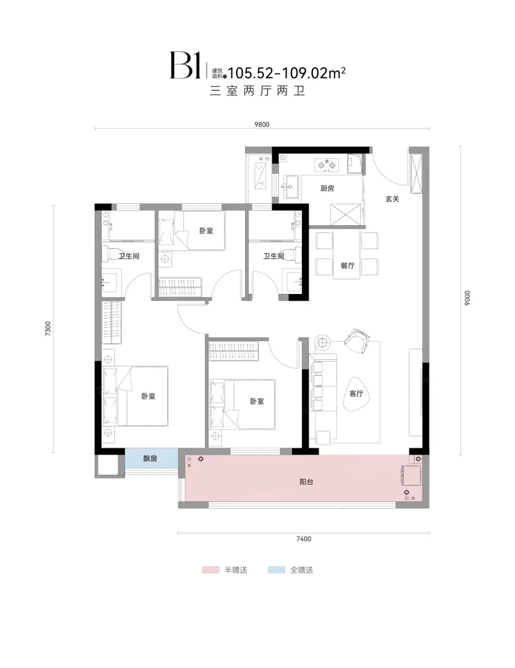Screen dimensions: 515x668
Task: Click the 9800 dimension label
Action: (262, 125)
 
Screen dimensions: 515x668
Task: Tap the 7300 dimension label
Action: (48, 328)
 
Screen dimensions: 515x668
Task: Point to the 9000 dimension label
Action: (467, 298)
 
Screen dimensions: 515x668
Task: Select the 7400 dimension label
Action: (304, 539)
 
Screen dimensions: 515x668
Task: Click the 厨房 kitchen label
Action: (327, 188)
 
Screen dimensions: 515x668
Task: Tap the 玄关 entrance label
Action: (392, 199)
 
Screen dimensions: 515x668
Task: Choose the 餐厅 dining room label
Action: (347, 266)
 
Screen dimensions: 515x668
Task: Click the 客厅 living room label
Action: (356, 394)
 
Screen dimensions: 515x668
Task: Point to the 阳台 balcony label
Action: (306, 482)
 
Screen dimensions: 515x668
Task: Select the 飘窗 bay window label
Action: (150, 459)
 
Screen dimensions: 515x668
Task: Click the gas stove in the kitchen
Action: (327, 166)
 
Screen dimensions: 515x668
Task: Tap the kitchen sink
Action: (290, 187)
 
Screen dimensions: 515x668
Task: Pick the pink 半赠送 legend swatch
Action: (211, 570)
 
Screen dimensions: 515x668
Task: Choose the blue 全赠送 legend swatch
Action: (277, 570)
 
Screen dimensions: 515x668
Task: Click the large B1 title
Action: (185, 65)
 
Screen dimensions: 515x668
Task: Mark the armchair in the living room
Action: (357, 341)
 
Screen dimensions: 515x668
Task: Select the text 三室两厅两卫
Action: (257, 91)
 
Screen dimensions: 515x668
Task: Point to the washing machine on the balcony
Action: (411, 476)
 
